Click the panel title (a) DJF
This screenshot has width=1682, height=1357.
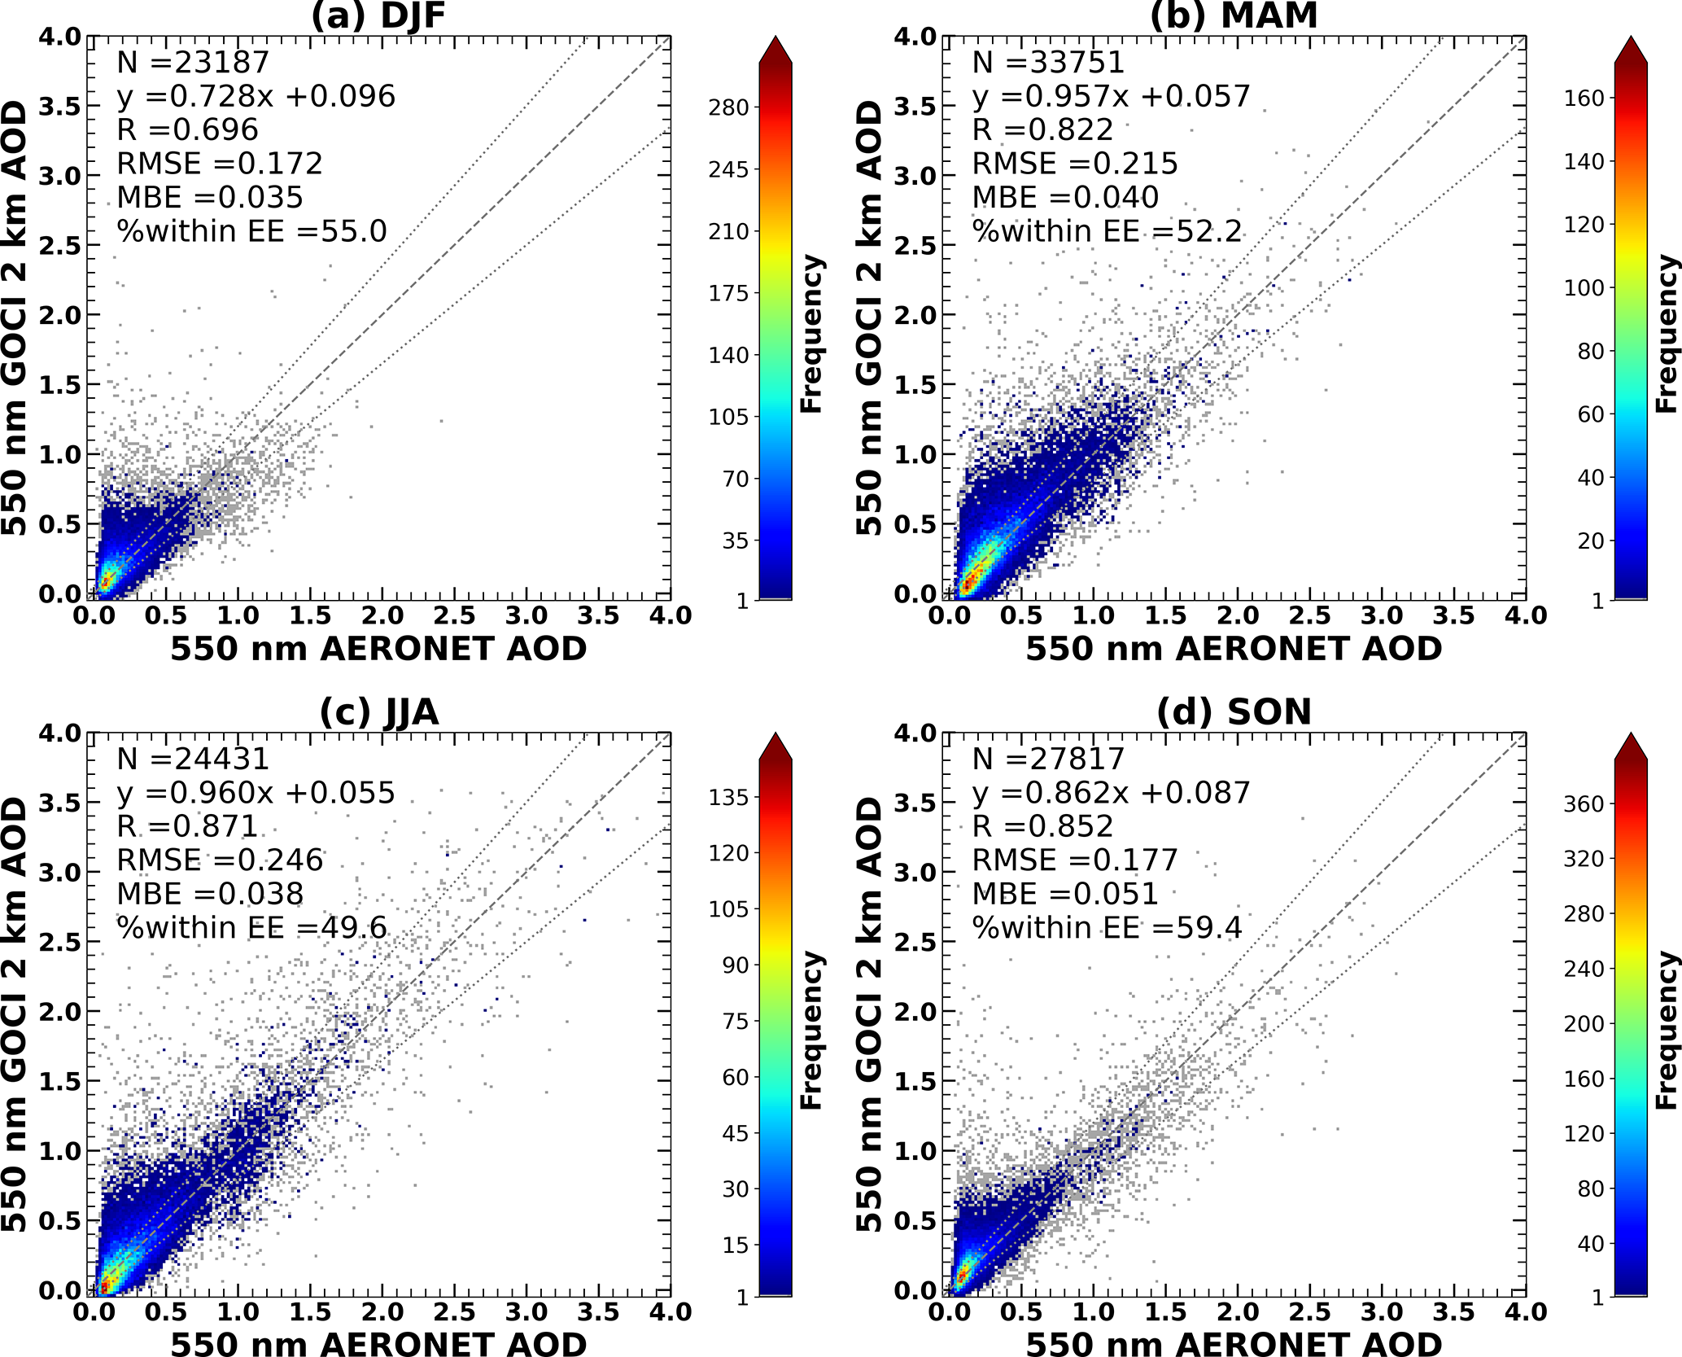[378, 16]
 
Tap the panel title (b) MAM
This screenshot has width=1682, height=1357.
[1234, 16]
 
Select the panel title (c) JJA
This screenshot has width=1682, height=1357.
[378, 712]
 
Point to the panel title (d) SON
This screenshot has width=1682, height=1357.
[1234, 712]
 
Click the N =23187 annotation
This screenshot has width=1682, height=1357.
[193, 63]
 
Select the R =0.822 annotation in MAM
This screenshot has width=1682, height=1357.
[1042, 130]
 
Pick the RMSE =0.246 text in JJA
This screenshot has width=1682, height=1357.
[220, 860]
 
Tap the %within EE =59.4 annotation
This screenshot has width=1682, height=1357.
[1107, 928]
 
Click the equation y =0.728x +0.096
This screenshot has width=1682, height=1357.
[256, 96]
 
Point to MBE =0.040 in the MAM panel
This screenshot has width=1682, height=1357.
[1065, 198]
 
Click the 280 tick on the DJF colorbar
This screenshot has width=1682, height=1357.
[728, 107]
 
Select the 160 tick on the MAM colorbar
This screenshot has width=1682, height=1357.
[1584, 98]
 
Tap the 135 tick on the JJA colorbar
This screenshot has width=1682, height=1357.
[728, 798]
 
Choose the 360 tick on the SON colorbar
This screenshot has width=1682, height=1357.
[1584, 804]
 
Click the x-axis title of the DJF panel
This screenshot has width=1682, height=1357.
[378, 650]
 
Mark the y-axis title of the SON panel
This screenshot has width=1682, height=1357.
[870, 1014]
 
